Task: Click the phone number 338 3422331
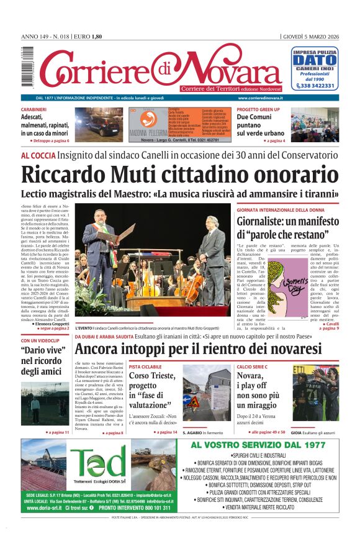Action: click(x=318, y=86)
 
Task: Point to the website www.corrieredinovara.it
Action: click(x=260, y=98)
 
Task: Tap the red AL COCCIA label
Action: click(x=38, y=155)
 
